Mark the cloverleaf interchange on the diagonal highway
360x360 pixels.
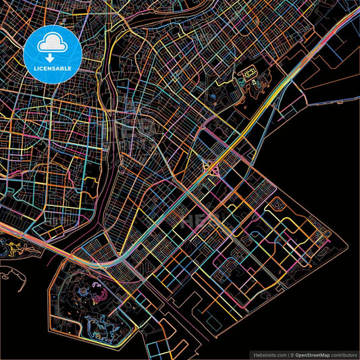pyautogui.click(x=210, y=168)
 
